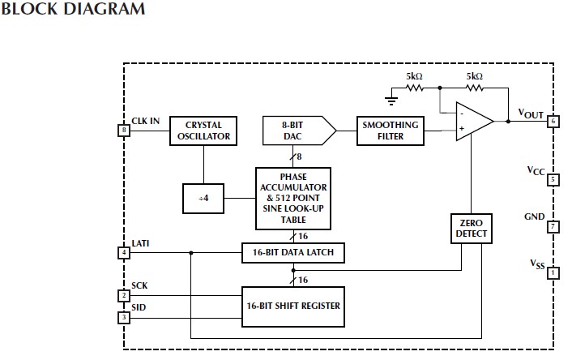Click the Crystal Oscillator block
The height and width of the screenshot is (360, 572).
pyautogui.click(x=203, y=131)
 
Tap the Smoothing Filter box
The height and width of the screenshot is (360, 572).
pyautogui.click(x=391, y=131)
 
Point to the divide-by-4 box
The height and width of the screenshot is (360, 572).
pyautogui.click(x=203, y=198)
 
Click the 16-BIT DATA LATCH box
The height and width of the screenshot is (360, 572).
pyautogui.click(x=292, y=253)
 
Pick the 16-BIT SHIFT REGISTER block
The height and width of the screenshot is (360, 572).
pyautogui.click(x=292, y=306)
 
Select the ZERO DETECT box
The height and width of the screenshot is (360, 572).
pyautogui.click(x=472, y=229)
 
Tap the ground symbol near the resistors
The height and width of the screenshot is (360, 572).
pyautogui.click(x=391, y=100)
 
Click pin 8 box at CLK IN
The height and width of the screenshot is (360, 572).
pyautogui.click(x=124, y=130)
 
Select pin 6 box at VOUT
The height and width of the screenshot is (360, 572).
pyautogui.click(x=553, y=121)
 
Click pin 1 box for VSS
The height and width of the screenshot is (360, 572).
pyautogui.click(x=553, y=273)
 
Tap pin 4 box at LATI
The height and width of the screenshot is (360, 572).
pyautogui.click(x=124, y=252)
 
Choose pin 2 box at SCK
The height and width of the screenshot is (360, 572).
pyautogui.click(x=124, y=295)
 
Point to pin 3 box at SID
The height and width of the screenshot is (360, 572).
pyautogui.click(x=124, y=317)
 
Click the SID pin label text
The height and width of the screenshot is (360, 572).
pyautogui.click(x=139, y=308)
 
